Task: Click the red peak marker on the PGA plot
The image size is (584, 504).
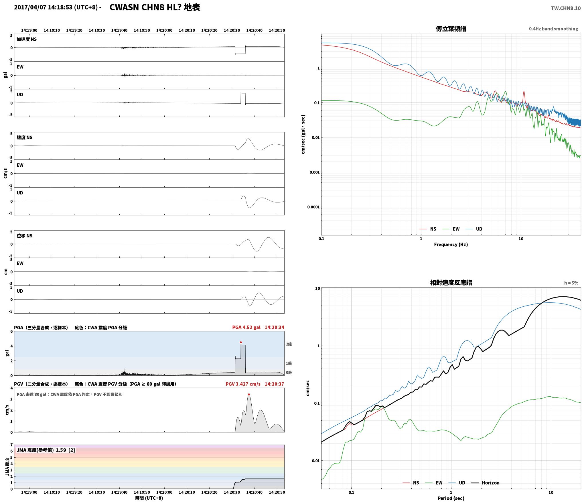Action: [241, 342]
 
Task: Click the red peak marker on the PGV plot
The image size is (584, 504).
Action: [249, 394]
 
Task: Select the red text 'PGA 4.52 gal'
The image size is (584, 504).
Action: [246, 327]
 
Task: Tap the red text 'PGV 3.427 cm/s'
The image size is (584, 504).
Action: [243, 384]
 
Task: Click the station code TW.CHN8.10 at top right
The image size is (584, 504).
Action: [566, 8]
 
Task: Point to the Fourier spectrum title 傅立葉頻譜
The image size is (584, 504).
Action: [451, 29]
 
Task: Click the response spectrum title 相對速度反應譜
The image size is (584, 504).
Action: [451, 283]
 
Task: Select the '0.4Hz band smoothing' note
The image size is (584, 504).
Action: [553, 29]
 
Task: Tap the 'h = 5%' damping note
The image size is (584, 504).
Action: [571, 283]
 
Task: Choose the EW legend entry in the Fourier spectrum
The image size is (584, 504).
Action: [451, 229]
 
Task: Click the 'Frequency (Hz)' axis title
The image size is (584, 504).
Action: [451, 244]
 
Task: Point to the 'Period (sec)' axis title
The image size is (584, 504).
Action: [451, 498]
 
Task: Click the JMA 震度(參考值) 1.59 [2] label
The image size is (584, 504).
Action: [46, 450]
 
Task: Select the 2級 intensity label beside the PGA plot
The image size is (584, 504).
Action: [289, 344]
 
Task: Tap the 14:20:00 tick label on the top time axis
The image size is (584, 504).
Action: [164, 30]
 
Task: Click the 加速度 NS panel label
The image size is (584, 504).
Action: [27, 39]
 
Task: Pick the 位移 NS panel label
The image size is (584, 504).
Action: [25, 236]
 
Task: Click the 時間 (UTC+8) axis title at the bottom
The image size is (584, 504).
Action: [149, 498]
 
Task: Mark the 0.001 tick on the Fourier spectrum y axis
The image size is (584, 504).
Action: [314, 172]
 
